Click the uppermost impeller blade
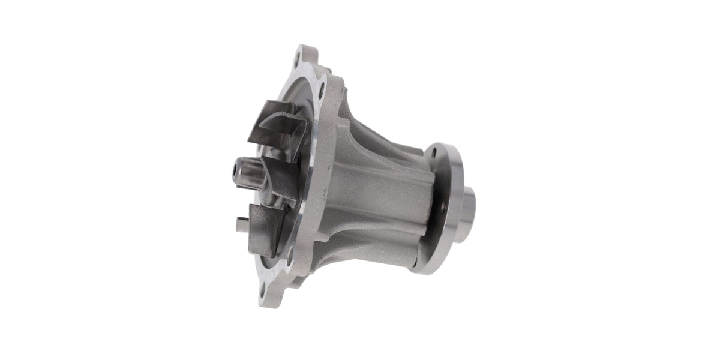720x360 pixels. (278, 123)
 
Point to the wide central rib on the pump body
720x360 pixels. (384, 198)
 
